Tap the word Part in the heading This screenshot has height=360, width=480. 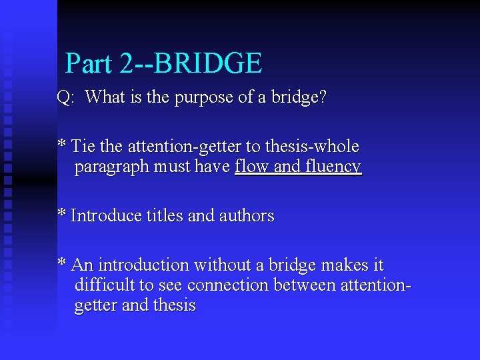(x=89, y=63)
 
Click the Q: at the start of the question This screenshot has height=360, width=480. (x=65, y=98)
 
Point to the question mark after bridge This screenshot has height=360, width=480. (x=323, y=97)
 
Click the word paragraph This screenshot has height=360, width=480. (x=113, y=167)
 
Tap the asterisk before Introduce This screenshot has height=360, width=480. (x=61, y=214)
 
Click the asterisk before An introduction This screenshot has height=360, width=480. (x=61, y=263)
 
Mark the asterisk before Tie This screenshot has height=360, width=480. (x=61, y=144)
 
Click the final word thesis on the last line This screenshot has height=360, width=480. (x=174, y=306)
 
